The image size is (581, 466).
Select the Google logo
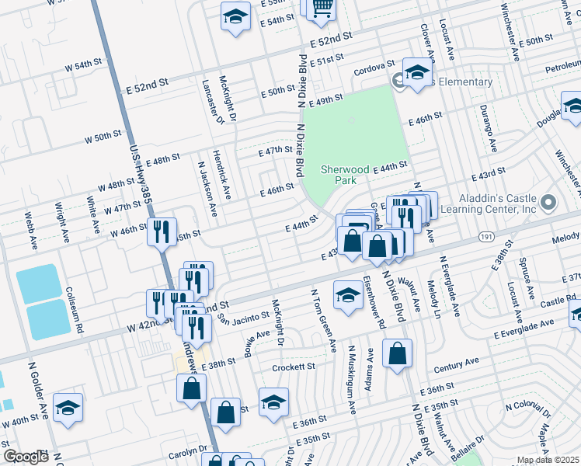tap(26, 457)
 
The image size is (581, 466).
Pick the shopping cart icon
tap(321, 8)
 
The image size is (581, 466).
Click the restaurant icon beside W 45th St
tap(161, 231)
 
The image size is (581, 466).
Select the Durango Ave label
tap(487, 127)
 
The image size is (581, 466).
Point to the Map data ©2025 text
tap(547, 460)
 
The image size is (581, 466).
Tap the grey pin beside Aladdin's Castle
tap(549, 203)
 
